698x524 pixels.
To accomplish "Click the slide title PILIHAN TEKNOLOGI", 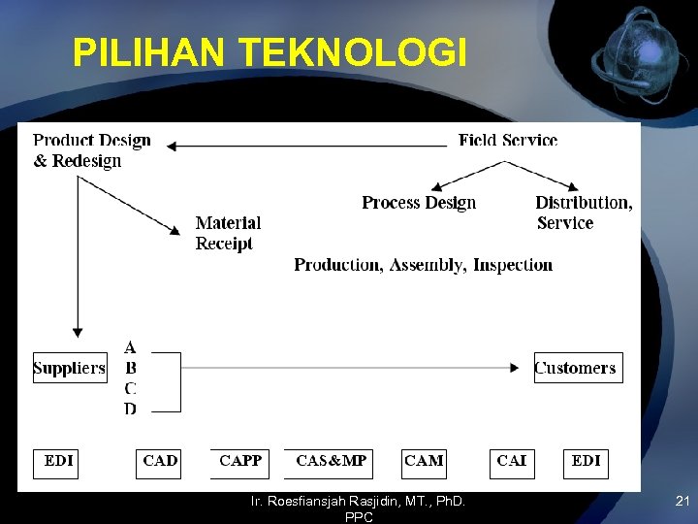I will coord(270,52).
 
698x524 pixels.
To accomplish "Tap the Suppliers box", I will coord(70,368).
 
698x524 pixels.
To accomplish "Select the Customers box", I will coord(577,368).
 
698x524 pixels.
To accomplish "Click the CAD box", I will coord(159,462).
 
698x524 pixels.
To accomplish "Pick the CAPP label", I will coord(240,461).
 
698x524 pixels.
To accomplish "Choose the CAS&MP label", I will coord(331,461).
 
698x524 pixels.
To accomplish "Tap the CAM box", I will coord(425,462).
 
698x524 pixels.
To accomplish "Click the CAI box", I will coord(511,462).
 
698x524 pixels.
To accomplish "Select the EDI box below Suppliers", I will coord(58,462).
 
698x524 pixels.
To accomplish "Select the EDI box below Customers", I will coord(586,462).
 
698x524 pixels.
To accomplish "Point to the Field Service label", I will coord(508,141).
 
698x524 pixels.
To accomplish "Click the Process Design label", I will coord(419,203).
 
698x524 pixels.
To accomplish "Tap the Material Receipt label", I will coord(227,233).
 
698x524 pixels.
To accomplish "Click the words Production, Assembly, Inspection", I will coord(423,265).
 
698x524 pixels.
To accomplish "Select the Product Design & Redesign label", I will coord(92,150).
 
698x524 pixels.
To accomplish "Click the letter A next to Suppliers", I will coord(130,347).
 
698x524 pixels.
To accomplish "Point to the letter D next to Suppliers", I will coord(130,409).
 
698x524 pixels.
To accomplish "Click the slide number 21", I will coord(681,502).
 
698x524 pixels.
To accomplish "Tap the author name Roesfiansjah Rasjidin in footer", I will coord(358,502).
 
